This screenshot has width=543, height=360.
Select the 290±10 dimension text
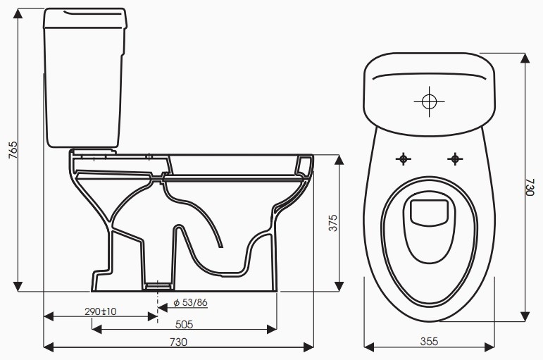point(101,311)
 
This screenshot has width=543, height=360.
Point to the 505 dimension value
point(185,325)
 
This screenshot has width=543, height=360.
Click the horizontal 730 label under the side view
point(178,342)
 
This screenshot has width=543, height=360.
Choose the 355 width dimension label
point(429,342)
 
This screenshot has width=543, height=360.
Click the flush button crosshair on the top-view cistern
point(429,101)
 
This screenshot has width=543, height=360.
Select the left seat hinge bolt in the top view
point(403,159)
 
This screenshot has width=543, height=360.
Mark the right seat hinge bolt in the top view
point(456,159)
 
